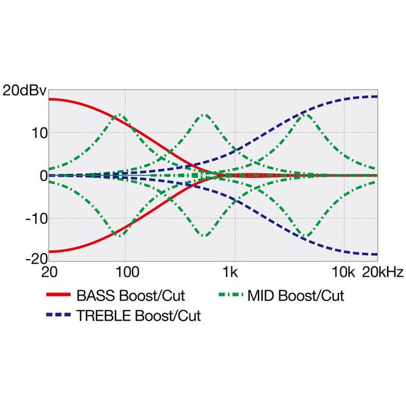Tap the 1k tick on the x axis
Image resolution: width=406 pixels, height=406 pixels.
[x=233, y=273]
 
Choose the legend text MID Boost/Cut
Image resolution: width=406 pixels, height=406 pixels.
[x=296, y=296]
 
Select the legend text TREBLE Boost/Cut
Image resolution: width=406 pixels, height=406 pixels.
[x=138, y=315]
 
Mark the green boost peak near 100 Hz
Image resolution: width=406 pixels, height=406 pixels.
[x=120, y=116]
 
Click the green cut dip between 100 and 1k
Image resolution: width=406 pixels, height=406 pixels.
[x=203, y=235]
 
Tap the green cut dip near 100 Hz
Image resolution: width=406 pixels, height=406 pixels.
[x=120, y=235]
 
